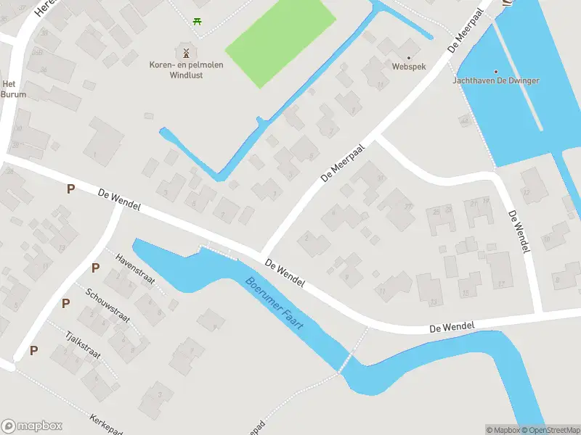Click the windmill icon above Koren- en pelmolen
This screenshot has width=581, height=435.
tap(185, 52)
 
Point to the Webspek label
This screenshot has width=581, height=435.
tap(407, 67)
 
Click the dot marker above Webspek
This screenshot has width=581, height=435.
tap(407, 57)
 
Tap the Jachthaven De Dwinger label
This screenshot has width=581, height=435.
tap(496, 80)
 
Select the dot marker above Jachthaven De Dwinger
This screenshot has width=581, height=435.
tap(496, 71)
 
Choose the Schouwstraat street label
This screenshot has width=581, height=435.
tap(107, 304)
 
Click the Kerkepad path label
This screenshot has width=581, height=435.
tap(105, 424)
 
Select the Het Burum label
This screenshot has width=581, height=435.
tap(14, 89)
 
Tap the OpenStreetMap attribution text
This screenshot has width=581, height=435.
tap(554, 430)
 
